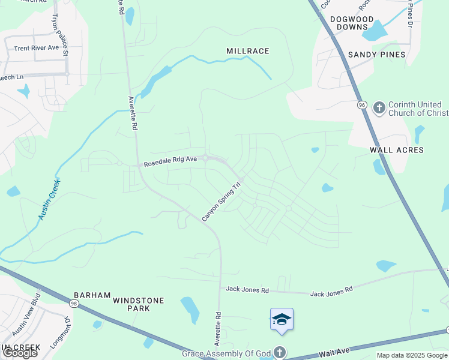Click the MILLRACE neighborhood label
coord(248,51)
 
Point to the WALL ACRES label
coord(397,150)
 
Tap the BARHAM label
coord(92,295)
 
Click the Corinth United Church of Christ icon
coord(379,107)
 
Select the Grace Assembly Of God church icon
coord(279,352)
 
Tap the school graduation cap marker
coord(282,320)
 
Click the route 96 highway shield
coord(362,105)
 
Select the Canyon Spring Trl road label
coord(221,202)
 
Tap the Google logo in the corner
coord(20,353)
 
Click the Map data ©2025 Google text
coord(411,355)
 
